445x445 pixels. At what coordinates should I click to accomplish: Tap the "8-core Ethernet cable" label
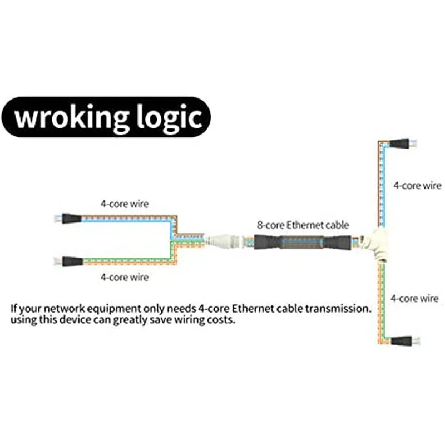pyautogui.click(x=303, y=225)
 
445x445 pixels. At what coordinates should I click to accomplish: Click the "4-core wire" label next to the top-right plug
pyautogui.click(x=417, y=185)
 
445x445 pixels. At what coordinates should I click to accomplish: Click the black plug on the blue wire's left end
pyautogui.click(x=72, y=219)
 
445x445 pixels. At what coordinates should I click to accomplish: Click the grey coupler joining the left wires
pyautogui.click(x=222, y=241)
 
